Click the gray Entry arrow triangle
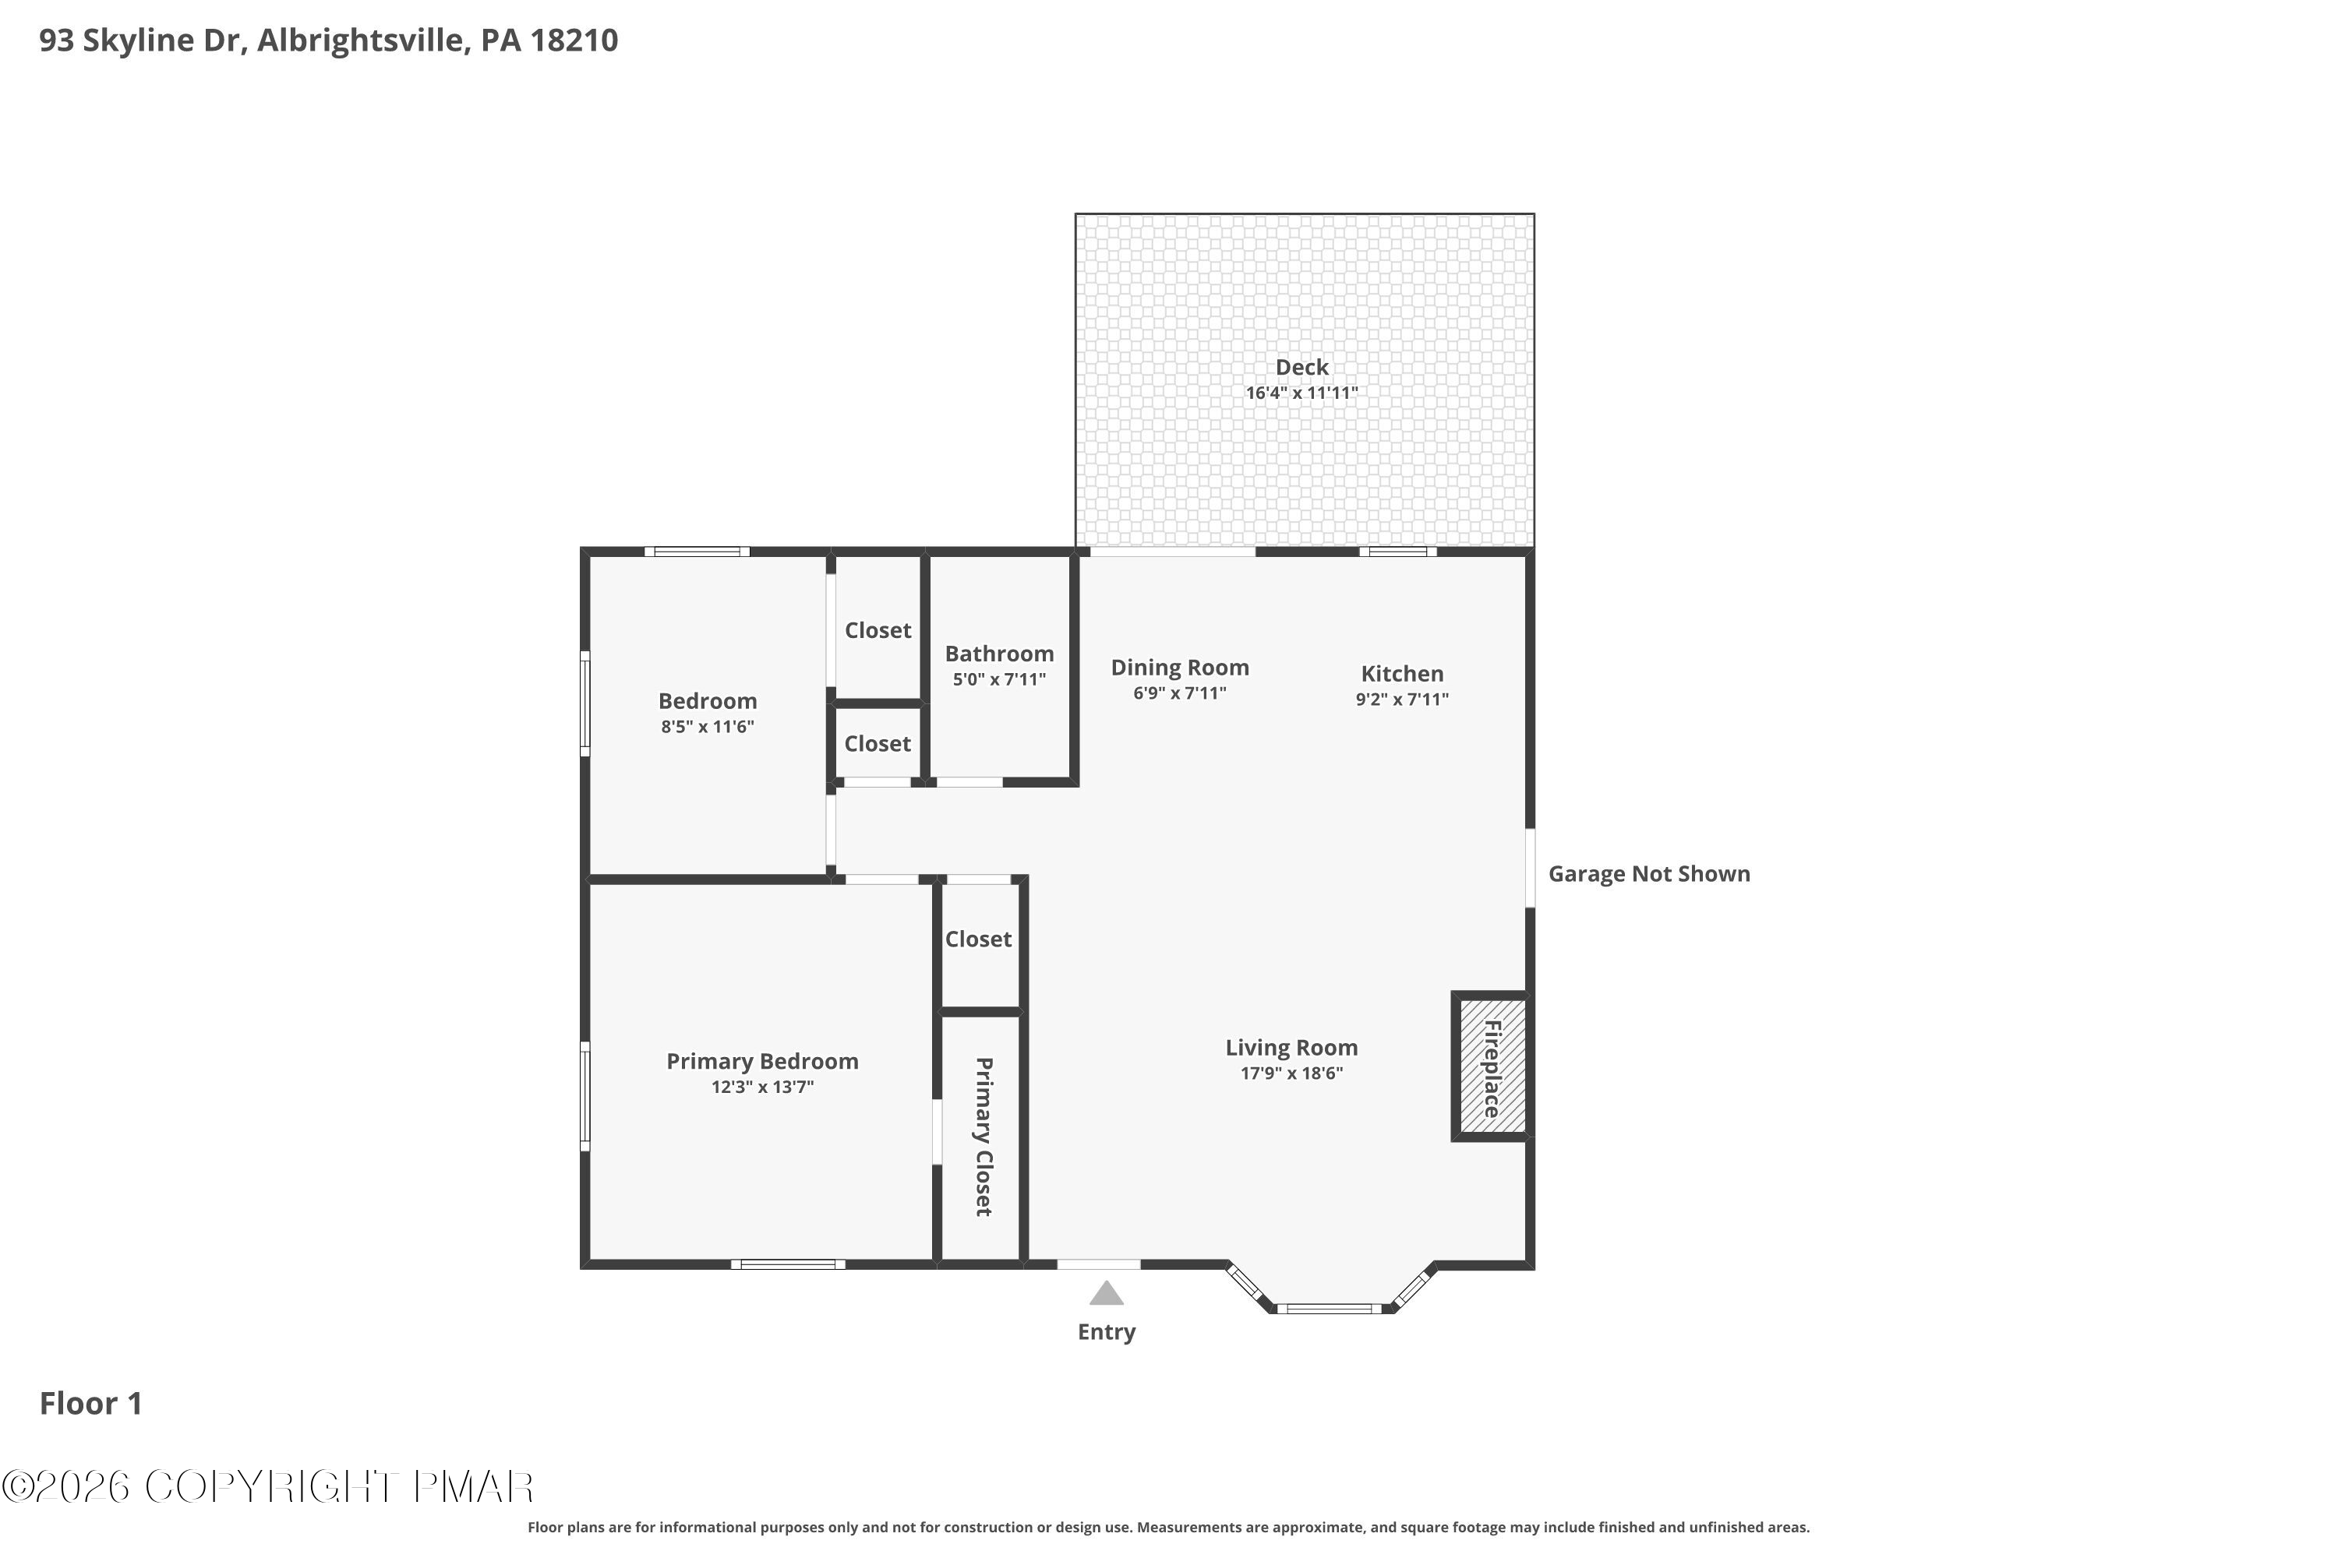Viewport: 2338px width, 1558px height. [1107, 1294]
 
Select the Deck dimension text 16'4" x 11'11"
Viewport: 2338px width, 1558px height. [1302, 393]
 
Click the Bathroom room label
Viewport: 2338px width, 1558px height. [999, 654]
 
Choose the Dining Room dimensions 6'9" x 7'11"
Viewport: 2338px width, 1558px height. [1180, 693]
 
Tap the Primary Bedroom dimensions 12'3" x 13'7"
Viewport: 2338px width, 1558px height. [762, 1087]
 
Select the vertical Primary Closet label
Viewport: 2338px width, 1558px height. [983, 1137]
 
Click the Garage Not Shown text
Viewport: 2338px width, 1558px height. [1649, 874]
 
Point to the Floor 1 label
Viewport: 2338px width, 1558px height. [91, 1404]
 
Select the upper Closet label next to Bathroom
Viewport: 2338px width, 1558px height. [878, 631]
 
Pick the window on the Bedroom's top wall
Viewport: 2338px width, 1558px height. [697, 552]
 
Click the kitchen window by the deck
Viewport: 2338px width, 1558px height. [1397, 552]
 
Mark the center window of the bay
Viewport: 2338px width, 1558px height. [1329, 1309]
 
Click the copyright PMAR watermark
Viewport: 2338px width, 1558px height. [267, 1487]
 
